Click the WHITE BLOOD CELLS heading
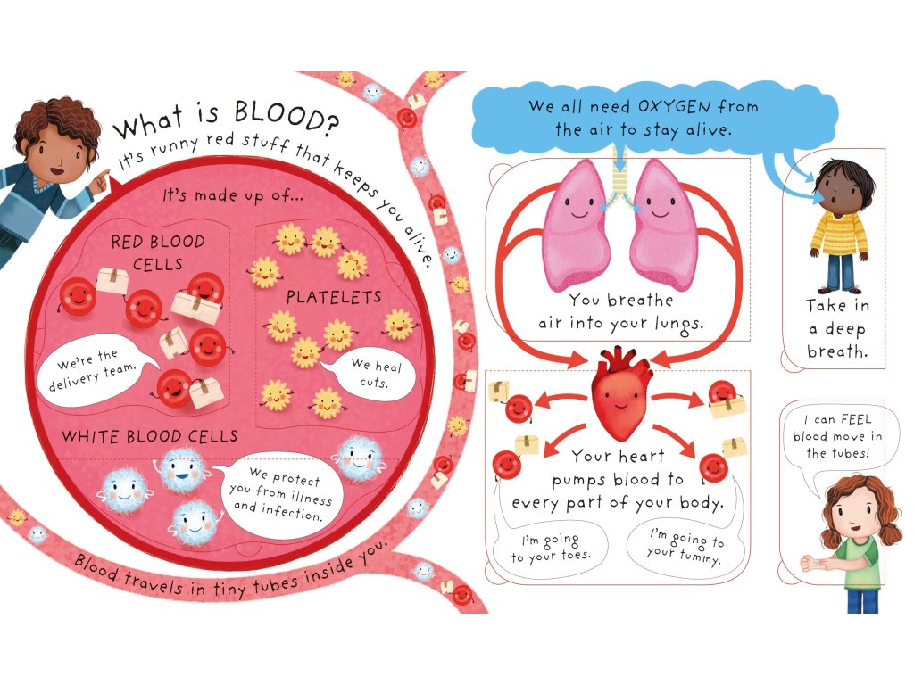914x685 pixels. click(149, 436)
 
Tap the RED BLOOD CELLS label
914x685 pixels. click(158, 253)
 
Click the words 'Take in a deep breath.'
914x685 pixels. click(836, 328)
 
